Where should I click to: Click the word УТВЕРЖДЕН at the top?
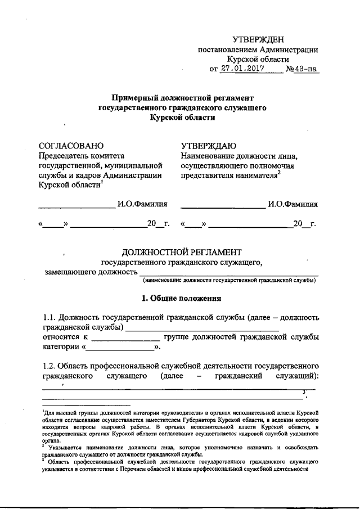pyautogui.click(x=258, y=39)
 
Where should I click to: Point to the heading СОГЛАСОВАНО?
pyautogui.click(x=71, y=145)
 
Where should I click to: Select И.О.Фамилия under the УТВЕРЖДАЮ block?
pyautogui.click(x=292, y=204)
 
